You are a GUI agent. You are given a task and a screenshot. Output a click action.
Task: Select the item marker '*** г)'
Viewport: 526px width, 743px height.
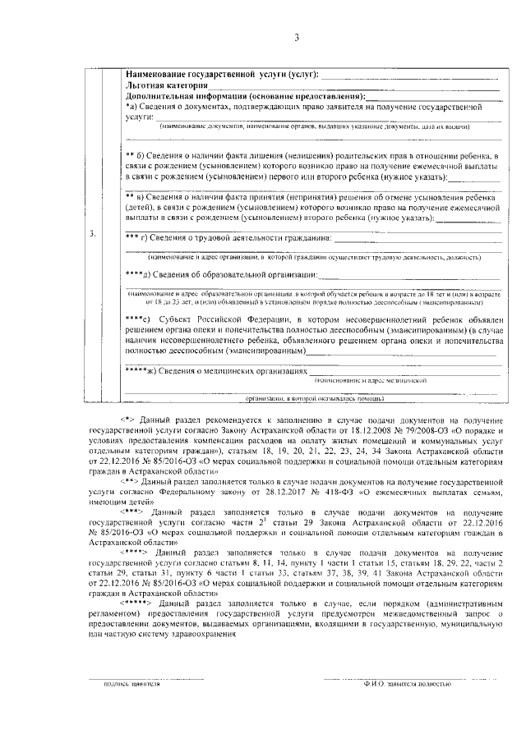click(x=136, y=238)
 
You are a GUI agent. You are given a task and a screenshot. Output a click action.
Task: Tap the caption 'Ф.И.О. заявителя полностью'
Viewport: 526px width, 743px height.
click(x=399, y=684)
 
